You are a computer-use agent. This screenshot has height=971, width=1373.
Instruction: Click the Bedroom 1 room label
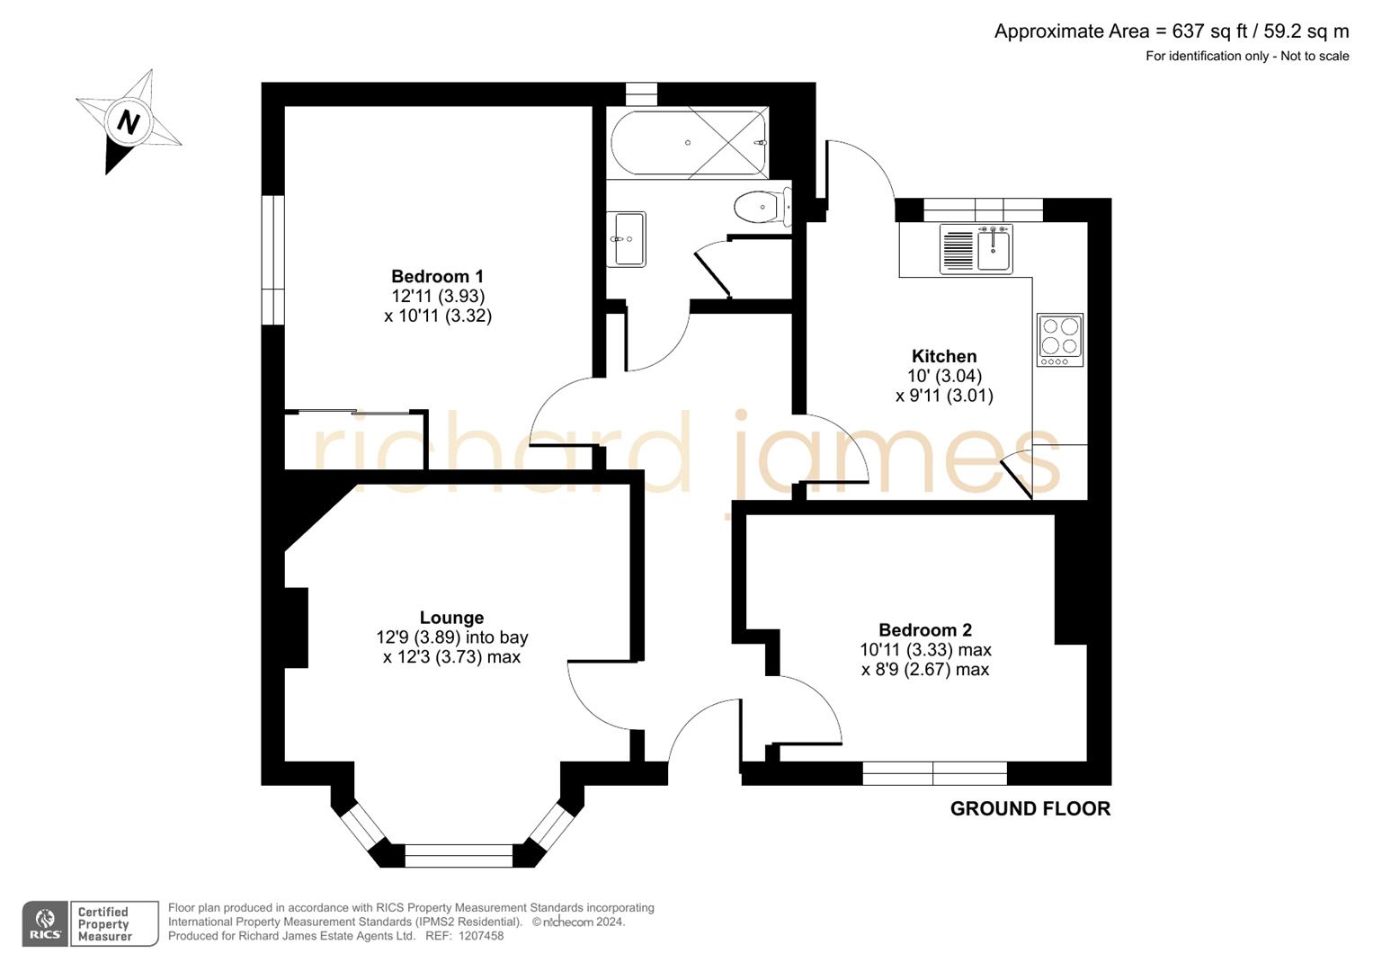point(437,276)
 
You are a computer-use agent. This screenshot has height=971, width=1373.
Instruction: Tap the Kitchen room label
point(943,356)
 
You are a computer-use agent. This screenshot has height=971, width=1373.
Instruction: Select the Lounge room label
point(451,618)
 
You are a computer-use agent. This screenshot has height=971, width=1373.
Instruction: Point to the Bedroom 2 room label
point(925,629)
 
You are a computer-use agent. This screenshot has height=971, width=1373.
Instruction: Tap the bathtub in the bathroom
point(689,143)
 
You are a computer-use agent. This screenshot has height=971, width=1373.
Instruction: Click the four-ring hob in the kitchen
point(1059,339)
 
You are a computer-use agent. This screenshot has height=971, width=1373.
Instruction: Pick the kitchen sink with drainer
point(976,249)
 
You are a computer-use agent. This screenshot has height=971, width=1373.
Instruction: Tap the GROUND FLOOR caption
point(1030,808)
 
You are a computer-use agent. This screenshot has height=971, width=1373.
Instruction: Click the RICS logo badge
point(45,924)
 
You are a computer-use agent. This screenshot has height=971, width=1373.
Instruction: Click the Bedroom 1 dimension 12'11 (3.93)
point(438,296)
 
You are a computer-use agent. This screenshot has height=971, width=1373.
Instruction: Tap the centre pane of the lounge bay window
point(459,855)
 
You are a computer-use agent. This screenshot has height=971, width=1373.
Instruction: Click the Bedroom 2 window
point(934,773)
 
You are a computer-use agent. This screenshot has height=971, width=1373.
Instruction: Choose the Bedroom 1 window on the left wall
point(273,259)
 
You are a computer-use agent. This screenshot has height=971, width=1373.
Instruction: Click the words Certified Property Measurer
point(104,924)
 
